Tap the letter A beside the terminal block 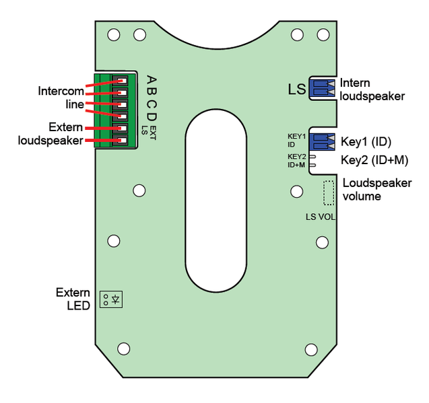pyautogui.click(x=152, y=79)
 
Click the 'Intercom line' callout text pyautogui.click(x=61, y=98)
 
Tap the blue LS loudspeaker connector pyautogui.click(x=322, y=87)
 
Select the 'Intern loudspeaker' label pyautogui.click(x=372, y=89)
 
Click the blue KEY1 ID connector pyautogui.click(x=322, y=141)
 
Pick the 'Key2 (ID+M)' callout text pyautogui.click(x=374, y=160)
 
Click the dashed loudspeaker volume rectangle pyautogui.click(x=329, y=193)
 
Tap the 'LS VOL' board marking pyautogui.click(x=321, y=217)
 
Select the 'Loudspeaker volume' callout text pyautogui.click(x=377, y=190)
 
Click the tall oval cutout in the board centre pyautogui.click(x=215, y=200)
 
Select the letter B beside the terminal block pyautogui.click(x=152, y=91)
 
